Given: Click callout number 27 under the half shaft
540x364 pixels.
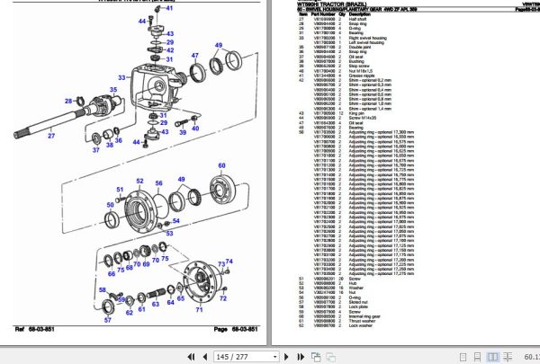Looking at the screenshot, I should pyautogui.click(x=51, y=136).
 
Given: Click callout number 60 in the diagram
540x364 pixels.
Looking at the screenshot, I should pyautogui.click(x=221, y=167).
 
